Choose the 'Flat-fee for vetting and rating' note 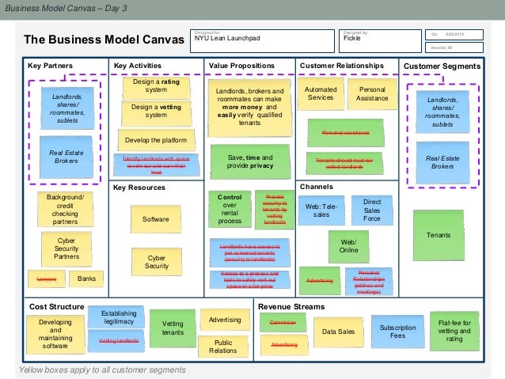[x=454, y=329]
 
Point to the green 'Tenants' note [x=438, y=235]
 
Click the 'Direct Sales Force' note [x=371, y=211]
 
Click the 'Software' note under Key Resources [x=155, y=219]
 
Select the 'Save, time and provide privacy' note [x=250, y=162]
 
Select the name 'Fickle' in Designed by [x=353, y=37]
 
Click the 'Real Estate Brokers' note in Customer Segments [x=442, y=162]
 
